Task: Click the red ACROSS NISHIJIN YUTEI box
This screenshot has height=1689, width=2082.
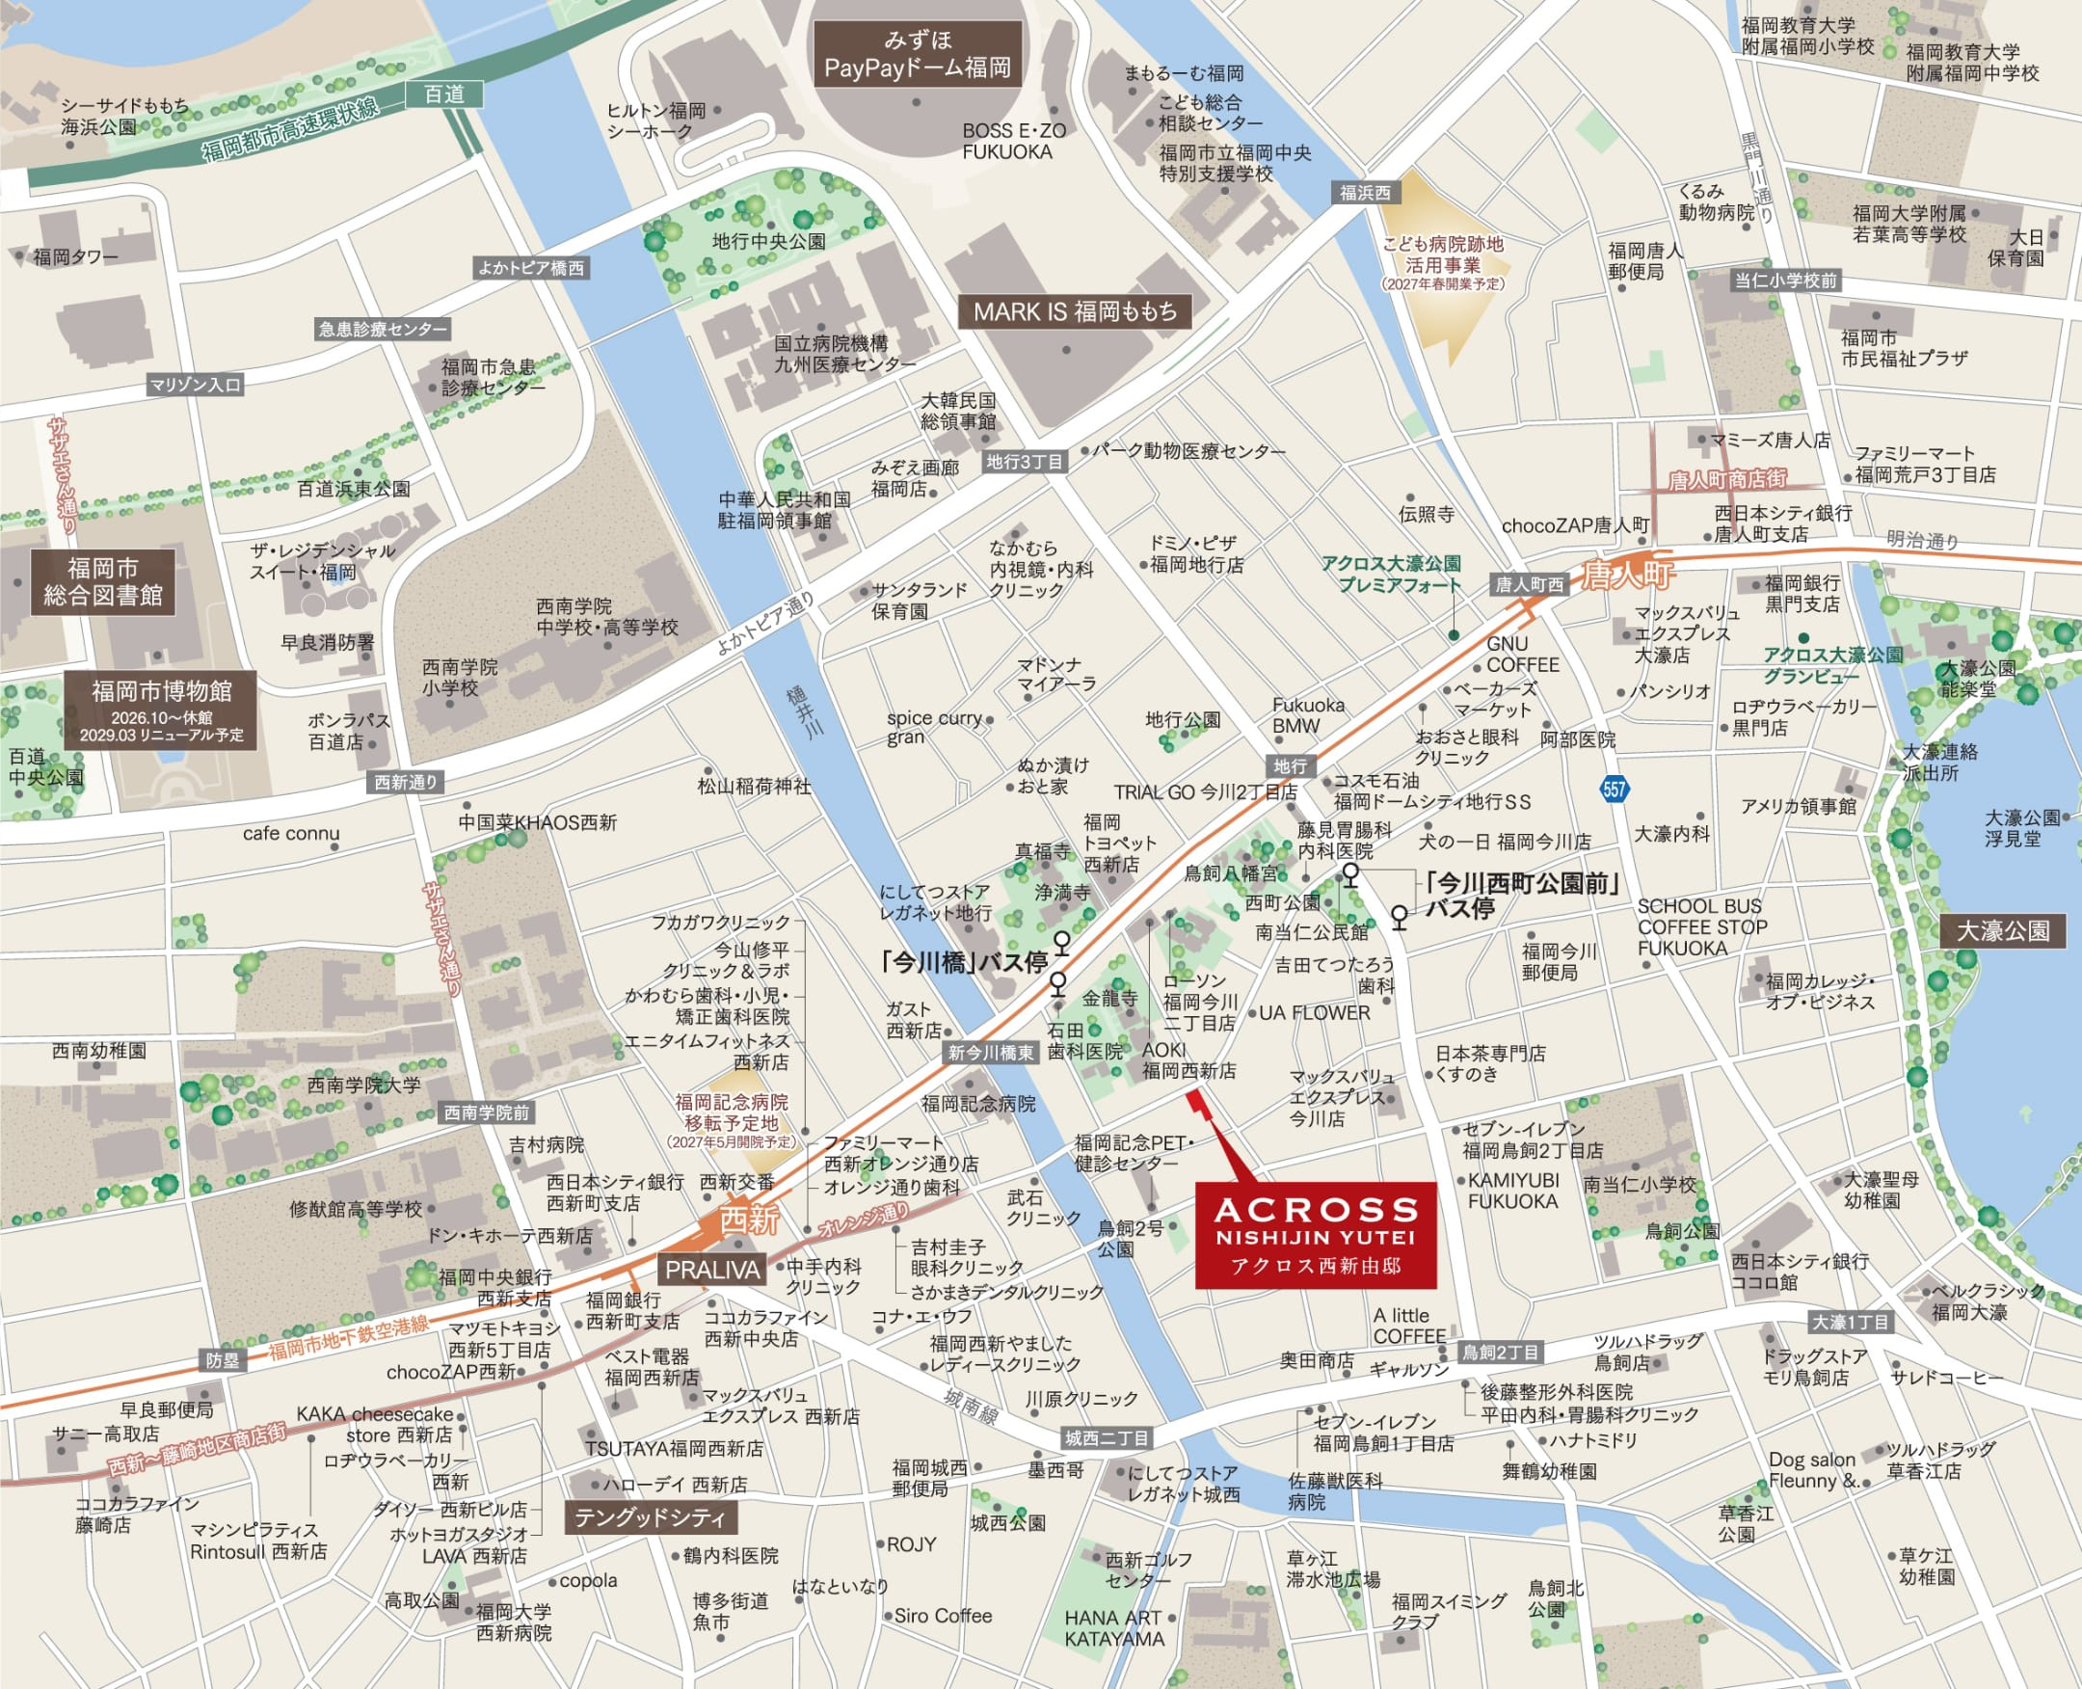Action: [1316, 1235]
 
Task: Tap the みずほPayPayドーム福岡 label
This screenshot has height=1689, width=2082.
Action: [918, 55]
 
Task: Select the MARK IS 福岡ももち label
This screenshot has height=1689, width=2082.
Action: [1074, 311]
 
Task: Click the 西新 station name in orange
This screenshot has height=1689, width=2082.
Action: [749, 1220]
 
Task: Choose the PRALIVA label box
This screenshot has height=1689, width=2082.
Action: [711, 1270]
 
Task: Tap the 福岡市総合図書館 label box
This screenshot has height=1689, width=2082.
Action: [103, 582]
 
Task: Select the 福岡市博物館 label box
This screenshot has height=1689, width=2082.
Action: [162, 710]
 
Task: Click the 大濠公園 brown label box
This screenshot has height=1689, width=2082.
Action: [2002, 931]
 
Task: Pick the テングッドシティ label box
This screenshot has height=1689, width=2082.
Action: [650, 1517]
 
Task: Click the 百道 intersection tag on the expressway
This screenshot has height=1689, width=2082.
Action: [443, 94]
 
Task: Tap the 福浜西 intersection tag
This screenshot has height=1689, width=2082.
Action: [1365, 193]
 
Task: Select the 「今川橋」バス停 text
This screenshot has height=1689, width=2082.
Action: [963, 962]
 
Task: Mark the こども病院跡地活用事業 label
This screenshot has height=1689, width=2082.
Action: [1443, 255]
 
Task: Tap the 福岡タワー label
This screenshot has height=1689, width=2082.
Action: [76, 256]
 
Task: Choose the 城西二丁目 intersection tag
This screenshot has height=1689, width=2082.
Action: [1107, 1438]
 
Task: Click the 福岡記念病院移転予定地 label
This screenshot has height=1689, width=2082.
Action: [732, 1114]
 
